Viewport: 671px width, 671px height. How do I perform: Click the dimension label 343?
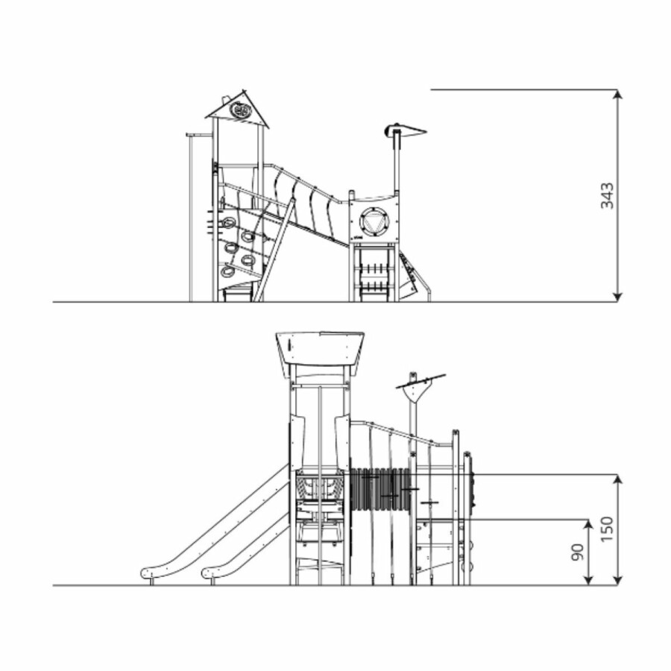pyautogui.click(x=607, y=195)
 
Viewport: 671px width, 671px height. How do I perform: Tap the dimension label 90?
pyautogui.click(x=577, y=552)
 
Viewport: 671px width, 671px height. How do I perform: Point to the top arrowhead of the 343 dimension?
pyautogui.click(x=617, y=94)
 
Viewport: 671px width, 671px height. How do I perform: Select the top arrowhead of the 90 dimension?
pyautogui.click(x=589, y=525)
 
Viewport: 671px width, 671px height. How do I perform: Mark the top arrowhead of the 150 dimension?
pyautogui.click(x=617, y=479)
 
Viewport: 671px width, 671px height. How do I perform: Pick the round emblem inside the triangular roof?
pyautogui.click(x=239, y=110)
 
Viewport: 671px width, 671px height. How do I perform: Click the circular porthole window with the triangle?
pyautogui.click(x=375, y=224)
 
